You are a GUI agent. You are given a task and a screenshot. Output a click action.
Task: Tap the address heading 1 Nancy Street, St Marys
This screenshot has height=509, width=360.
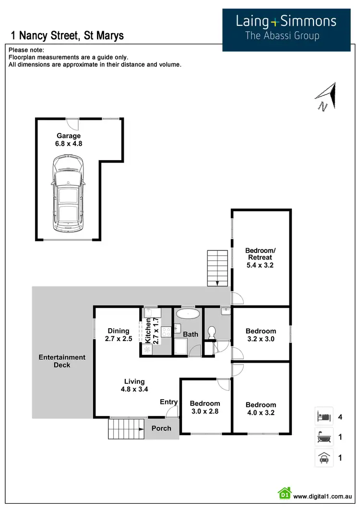(x=67, y=36)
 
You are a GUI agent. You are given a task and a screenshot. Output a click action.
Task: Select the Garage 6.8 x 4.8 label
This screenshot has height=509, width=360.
(x=69, y=140)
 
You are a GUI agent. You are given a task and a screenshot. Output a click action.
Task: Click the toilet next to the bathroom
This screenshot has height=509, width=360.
(x=211, y=331)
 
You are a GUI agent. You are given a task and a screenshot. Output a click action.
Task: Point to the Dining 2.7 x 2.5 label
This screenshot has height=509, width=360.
(x=119, y=334)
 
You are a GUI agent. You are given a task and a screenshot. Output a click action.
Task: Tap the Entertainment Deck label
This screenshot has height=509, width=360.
(x=62, y=361)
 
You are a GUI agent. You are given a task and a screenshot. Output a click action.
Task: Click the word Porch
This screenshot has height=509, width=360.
(x=161, y=428)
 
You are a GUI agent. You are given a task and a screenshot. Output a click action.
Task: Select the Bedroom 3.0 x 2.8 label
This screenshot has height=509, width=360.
(x=205, y=407)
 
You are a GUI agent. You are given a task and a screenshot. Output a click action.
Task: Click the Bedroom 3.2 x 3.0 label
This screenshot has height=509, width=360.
(x=261, y=335)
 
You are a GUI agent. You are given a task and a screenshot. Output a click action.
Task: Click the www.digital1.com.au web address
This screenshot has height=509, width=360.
(x=324, y=496)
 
